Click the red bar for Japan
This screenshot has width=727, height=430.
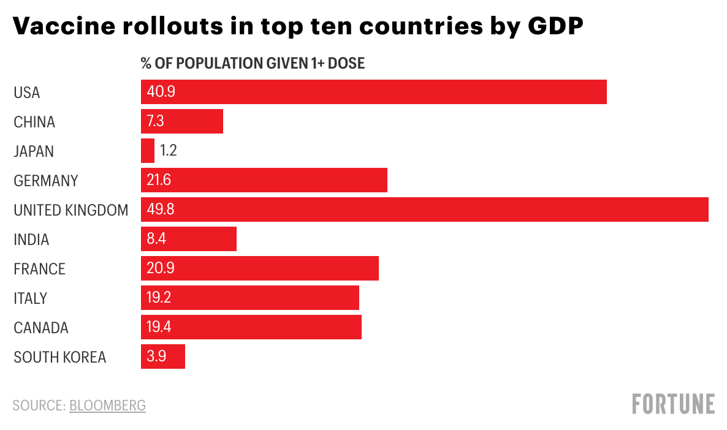148,151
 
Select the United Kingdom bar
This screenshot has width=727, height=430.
425,209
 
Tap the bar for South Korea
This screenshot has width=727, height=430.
162,356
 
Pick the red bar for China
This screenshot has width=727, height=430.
181,121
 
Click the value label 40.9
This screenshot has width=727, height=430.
161,91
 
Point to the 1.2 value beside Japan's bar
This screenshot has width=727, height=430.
169,150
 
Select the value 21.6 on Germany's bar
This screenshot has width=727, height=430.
159,180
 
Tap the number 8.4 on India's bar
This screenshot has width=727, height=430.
156,239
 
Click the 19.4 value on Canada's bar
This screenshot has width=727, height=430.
159,326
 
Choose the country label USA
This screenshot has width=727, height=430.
27,92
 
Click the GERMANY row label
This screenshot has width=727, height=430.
46,181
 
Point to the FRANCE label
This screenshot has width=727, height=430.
39,270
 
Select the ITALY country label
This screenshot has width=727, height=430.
31,298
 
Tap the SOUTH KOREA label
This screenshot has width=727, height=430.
60,357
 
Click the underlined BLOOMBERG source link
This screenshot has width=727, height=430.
107,405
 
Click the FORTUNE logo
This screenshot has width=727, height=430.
673,404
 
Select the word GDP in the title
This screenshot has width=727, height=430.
555,26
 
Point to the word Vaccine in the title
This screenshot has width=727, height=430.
64,26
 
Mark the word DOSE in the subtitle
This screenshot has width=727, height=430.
346,63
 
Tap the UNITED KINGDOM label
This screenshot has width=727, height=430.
71,210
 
